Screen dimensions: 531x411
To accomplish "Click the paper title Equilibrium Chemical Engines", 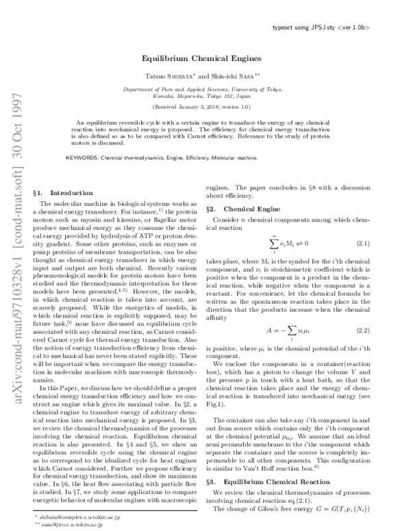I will (x=205, y=59).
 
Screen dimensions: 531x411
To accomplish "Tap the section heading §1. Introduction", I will (x=62, y=194).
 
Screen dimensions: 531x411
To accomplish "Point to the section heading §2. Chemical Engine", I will (x=233, y=207).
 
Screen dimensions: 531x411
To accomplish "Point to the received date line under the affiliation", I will (x=205, y=107).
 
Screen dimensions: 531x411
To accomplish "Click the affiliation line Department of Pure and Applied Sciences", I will (x=205, y=90).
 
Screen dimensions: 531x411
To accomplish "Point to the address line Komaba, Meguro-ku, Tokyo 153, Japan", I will (x=205, y=98).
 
